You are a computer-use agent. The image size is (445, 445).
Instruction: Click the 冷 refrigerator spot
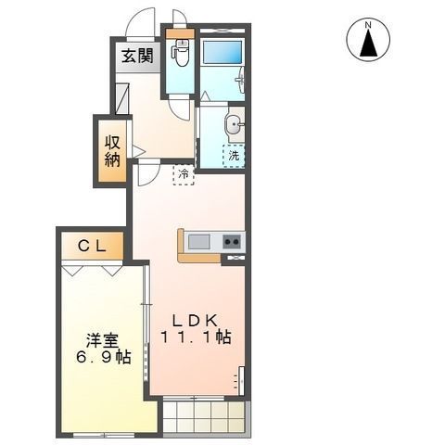(x=184, y=173)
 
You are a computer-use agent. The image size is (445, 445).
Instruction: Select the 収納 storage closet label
(x=112, y=150)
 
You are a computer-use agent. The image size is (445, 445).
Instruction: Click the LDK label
(x=194, y=318)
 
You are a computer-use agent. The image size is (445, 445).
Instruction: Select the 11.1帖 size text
(x=196, y=338)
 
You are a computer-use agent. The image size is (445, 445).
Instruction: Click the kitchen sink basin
(x=199, y=243)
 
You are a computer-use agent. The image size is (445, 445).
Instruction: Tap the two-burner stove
(x=233, y=243)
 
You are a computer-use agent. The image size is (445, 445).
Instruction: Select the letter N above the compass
(x=368, y=23)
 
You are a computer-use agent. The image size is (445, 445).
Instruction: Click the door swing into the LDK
(x=147, y=175)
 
